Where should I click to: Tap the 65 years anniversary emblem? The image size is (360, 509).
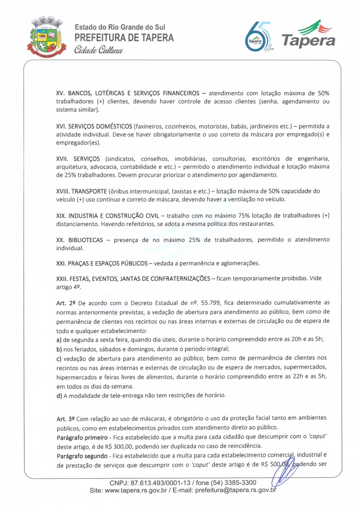pos(256,39)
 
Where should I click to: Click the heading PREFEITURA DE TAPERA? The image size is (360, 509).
pos(124,38)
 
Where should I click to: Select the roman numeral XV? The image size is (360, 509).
pos(60,93)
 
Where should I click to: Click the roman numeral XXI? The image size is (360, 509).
pos(61,263)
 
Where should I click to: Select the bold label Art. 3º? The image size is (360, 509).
pos(65,419)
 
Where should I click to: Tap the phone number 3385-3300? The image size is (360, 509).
pos(242,483)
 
